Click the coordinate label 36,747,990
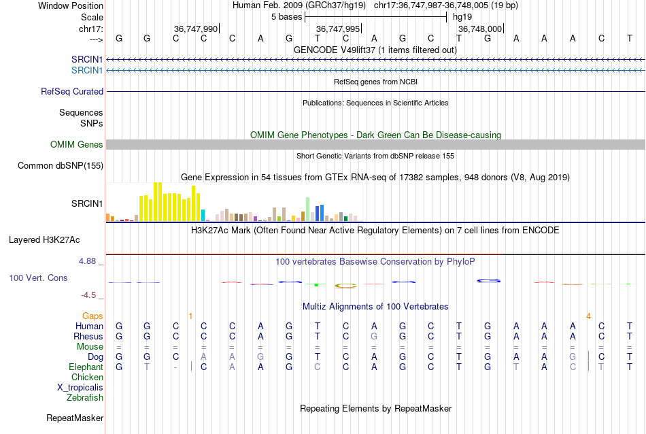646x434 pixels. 196,29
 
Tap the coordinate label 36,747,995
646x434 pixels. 338,29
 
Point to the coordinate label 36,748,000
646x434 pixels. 480,29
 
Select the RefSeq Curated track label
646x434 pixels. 72,91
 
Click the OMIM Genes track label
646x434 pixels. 77,144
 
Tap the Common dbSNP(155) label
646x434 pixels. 61,165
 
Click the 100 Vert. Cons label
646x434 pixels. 38,278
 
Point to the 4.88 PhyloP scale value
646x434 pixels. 90,261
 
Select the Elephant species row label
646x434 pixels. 86,367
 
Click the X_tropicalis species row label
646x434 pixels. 80,387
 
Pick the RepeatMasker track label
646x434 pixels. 75,418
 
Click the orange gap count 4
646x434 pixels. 588,316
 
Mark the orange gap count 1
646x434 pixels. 191,316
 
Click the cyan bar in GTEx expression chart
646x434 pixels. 203,215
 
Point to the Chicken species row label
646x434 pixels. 87,377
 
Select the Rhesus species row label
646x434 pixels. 88,336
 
